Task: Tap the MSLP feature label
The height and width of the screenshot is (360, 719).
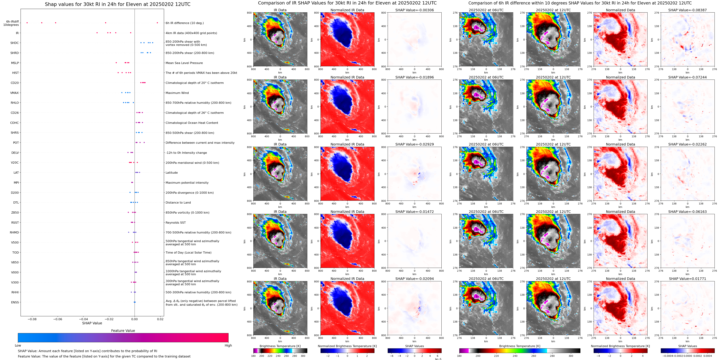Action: click(15, 63)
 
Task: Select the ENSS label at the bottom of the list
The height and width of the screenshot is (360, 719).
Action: click(15, 302)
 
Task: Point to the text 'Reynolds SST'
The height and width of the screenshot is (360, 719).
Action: click(175, 223)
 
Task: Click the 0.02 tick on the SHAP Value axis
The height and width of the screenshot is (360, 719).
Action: click(160, 319)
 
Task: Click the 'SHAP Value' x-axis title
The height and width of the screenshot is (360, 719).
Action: click(92, 323)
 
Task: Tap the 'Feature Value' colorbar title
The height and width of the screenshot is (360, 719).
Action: click(123, 331)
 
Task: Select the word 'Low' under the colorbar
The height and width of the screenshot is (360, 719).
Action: click(18, 345)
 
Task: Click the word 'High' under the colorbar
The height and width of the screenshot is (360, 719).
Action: click(228, 345)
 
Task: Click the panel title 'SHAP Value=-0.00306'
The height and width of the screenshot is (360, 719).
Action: click(415, 10)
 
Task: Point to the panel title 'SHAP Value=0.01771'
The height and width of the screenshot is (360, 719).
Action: click(687, 279)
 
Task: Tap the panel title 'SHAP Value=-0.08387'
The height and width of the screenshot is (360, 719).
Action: click(687, 10)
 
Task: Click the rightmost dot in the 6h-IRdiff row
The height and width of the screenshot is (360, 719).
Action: click(157, 23)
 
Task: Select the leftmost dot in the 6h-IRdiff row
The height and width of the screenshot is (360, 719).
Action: click(27, 23)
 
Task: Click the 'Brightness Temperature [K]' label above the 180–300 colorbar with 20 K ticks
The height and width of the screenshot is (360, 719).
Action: click(280, 346)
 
